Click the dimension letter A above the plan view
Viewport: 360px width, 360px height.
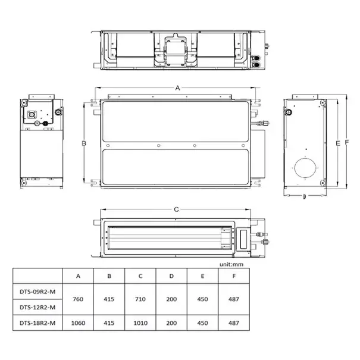click(177, 87)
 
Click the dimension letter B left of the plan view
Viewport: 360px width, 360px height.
click(84, 143)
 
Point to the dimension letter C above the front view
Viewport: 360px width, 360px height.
click(177, 209)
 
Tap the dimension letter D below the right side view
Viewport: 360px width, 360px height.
click(305, 196)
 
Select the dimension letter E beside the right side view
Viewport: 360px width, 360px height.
click(337, 143)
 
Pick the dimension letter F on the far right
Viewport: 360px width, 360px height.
click(346, 143)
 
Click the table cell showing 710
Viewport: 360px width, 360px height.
click(140, 299)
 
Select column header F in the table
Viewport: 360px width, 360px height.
click(233, 277)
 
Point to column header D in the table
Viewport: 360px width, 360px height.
click(171, 277)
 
